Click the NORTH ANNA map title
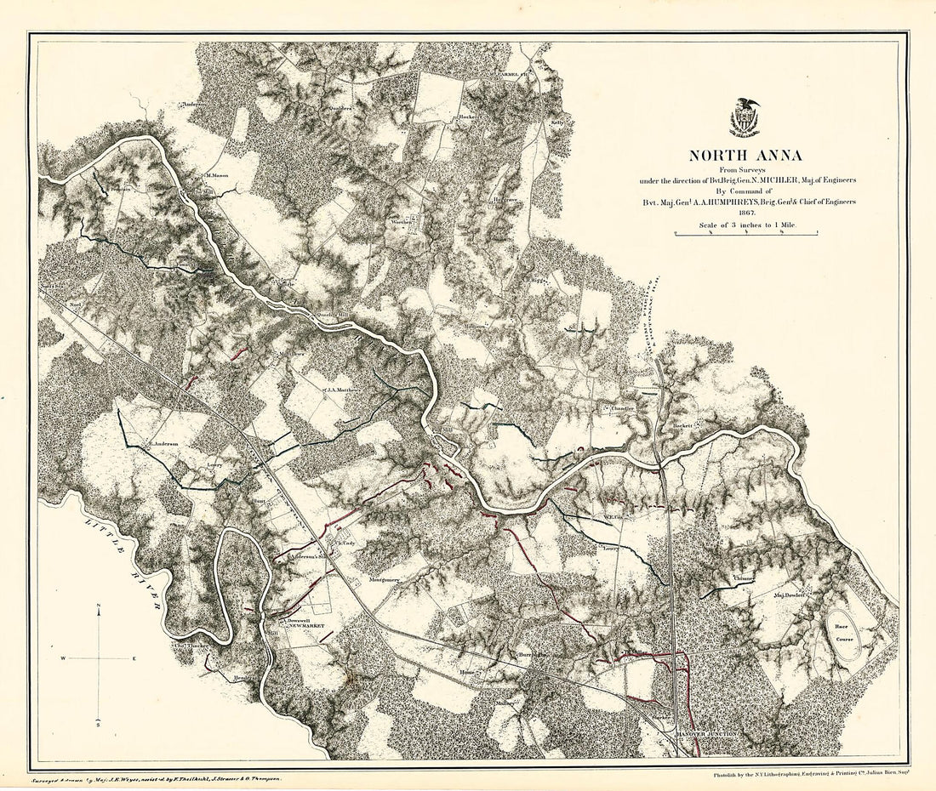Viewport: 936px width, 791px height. click(745, 156)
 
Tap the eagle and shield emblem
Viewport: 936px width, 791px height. click(745, 117)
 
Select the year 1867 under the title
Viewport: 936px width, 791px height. click(745, 213)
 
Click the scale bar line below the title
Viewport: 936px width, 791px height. click(745, 233)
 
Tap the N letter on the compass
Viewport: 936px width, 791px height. click(100, 606)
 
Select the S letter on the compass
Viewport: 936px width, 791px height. click(100, 724)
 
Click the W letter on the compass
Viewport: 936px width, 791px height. click(62, 658)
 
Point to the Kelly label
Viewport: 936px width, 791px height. click(558, 122)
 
